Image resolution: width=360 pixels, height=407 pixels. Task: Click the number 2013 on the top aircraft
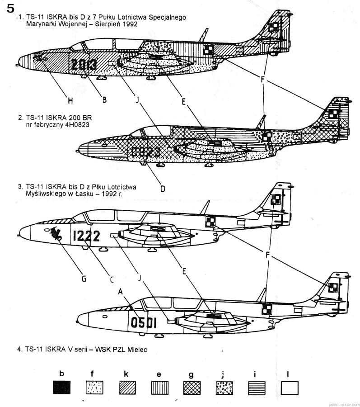click(84, 66)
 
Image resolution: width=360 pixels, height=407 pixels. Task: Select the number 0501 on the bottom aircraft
click(144, 322)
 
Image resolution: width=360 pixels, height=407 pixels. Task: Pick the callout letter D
click(163, 187)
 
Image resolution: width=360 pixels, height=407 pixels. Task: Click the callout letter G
click(84, 279)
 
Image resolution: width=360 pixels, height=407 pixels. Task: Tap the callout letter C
click(112, 279)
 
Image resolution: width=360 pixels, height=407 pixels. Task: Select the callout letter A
click(120, 292)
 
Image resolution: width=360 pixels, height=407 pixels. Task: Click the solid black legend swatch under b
click(61, 388)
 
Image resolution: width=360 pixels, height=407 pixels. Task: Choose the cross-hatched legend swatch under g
click(191, 388)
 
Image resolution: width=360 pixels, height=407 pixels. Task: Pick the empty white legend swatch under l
click(289, 388)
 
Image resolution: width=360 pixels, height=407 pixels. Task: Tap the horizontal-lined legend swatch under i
click(257, 388)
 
